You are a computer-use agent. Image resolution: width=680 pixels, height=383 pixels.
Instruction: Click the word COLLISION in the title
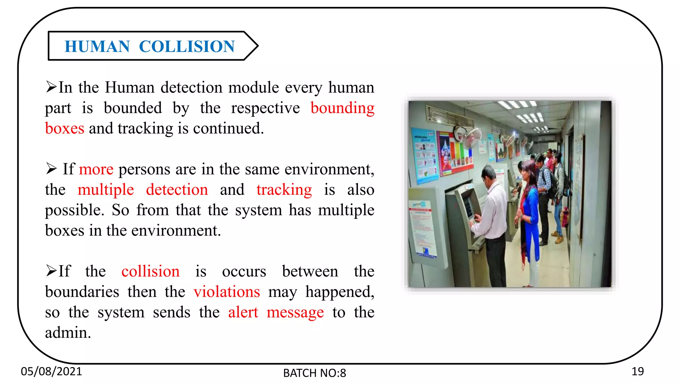pos(187,46)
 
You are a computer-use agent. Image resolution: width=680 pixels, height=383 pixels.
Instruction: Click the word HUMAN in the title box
pos(97,46)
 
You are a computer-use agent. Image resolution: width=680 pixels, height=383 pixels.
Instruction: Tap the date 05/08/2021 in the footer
pos(51,371)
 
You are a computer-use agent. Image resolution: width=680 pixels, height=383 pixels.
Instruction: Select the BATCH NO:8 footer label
pos(314,373)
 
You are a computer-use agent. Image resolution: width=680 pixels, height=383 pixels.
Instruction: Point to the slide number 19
pos(637,371)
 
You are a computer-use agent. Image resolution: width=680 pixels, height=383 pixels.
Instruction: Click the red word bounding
pos(342,108)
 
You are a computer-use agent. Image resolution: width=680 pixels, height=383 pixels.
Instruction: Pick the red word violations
pos(227,292)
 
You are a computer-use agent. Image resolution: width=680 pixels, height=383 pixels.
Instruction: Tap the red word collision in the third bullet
pos(150,271)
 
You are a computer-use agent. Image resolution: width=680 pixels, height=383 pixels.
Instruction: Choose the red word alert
pos(243,313)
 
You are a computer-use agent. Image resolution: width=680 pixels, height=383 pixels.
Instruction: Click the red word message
pos(295,313)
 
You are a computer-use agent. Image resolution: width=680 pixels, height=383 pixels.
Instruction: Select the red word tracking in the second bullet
pos(284,190)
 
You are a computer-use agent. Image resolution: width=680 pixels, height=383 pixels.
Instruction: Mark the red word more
pos(96,169)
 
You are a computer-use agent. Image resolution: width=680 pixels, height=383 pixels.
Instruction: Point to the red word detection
pos(177,190)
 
